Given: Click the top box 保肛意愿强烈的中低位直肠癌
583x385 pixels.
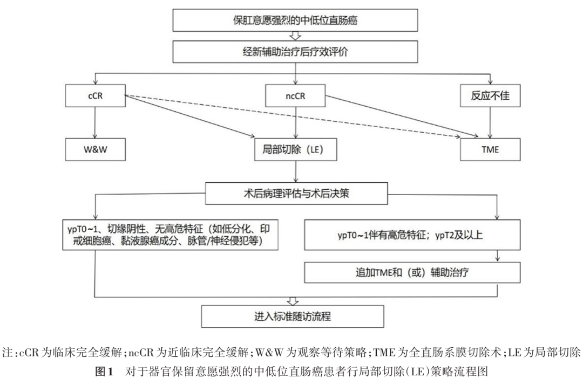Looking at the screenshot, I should tap(295, 21).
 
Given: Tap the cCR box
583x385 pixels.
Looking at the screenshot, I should tap(94, 96).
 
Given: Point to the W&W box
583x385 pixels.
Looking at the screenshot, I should tap(94, 148).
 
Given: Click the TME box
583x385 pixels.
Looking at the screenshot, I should tap(490, 148).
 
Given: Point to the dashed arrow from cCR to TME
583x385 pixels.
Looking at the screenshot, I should tap(302, 115).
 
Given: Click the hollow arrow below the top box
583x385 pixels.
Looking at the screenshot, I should tap(295, 36).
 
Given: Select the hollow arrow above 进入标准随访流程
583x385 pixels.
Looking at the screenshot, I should tap(295, 300).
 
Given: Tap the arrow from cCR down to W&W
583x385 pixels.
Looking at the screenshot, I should tap(94, 122).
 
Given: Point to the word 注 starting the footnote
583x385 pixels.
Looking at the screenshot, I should tap(8, 353).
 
